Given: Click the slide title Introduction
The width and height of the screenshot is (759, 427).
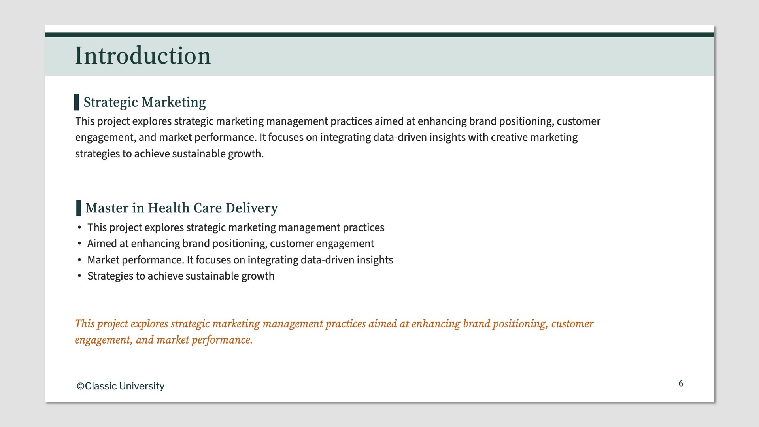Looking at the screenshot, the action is click(143, 56).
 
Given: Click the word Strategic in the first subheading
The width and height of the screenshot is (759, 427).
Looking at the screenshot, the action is click(111, 102).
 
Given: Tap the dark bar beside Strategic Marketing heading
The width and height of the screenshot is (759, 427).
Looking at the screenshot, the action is click(77, 102).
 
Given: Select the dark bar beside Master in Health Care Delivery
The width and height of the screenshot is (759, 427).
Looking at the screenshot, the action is click(79, 208).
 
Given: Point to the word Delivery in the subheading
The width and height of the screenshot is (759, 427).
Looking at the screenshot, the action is click(252, 208).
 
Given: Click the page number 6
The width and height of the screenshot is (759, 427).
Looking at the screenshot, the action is click(681, 383).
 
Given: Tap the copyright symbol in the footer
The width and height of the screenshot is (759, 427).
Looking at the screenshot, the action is click(80, 386).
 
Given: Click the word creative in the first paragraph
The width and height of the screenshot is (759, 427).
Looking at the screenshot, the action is click(509, 137).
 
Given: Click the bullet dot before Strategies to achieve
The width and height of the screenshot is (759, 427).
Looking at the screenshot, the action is click(79, 276).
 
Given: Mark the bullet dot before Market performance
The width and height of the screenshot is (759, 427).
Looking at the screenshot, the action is click(79, 260).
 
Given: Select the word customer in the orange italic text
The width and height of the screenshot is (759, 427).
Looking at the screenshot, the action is click(572, 324).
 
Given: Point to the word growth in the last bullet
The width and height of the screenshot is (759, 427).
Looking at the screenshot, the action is click(258, 276).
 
